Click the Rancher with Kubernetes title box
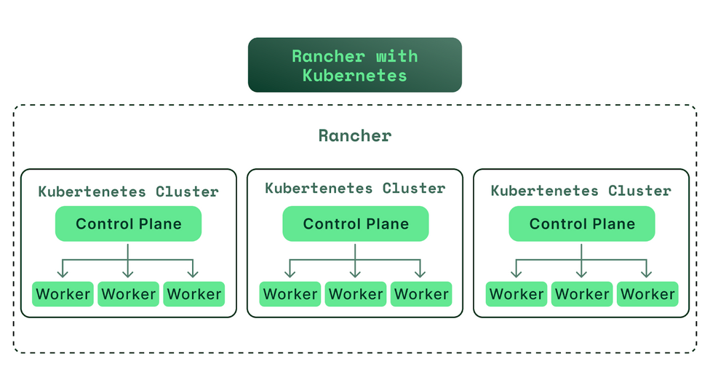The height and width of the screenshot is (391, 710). [355, 65]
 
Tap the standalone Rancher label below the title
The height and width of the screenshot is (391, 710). [355, 135]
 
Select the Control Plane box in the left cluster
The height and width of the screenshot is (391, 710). [128, 224]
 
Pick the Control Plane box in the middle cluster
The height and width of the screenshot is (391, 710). [356, 224]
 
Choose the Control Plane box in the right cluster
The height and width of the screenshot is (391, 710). [582, 224]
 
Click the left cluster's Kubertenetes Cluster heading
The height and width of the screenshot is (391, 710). [129, 191]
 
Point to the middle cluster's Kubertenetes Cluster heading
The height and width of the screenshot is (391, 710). [356, 188]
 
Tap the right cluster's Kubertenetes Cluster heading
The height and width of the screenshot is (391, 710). [581, 191]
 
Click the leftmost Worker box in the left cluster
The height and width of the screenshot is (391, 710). [63, 294]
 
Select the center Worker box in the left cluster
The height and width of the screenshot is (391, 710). [129, 294]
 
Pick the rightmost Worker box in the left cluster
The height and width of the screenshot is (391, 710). [194, 294]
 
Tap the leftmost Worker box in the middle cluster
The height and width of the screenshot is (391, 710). [290, 294]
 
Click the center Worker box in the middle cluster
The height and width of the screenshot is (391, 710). [356, 294]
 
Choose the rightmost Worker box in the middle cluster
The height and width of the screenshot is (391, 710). [422, 294]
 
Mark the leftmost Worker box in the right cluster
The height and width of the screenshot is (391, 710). [516, 294]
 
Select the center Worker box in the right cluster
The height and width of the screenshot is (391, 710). [582, 294]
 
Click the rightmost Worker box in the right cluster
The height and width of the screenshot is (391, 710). [648, 294]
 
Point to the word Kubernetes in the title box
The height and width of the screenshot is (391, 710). [355, 75]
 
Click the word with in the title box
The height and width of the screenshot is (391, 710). [397, 56]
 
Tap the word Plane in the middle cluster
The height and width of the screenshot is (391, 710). [388, 224]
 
